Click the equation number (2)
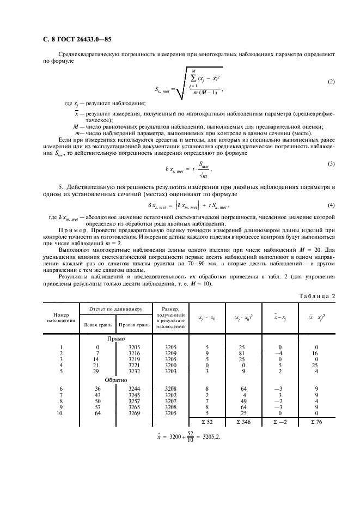331,82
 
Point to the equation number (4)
331,205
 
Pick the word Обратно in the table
116,380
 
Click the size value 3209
171,354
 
